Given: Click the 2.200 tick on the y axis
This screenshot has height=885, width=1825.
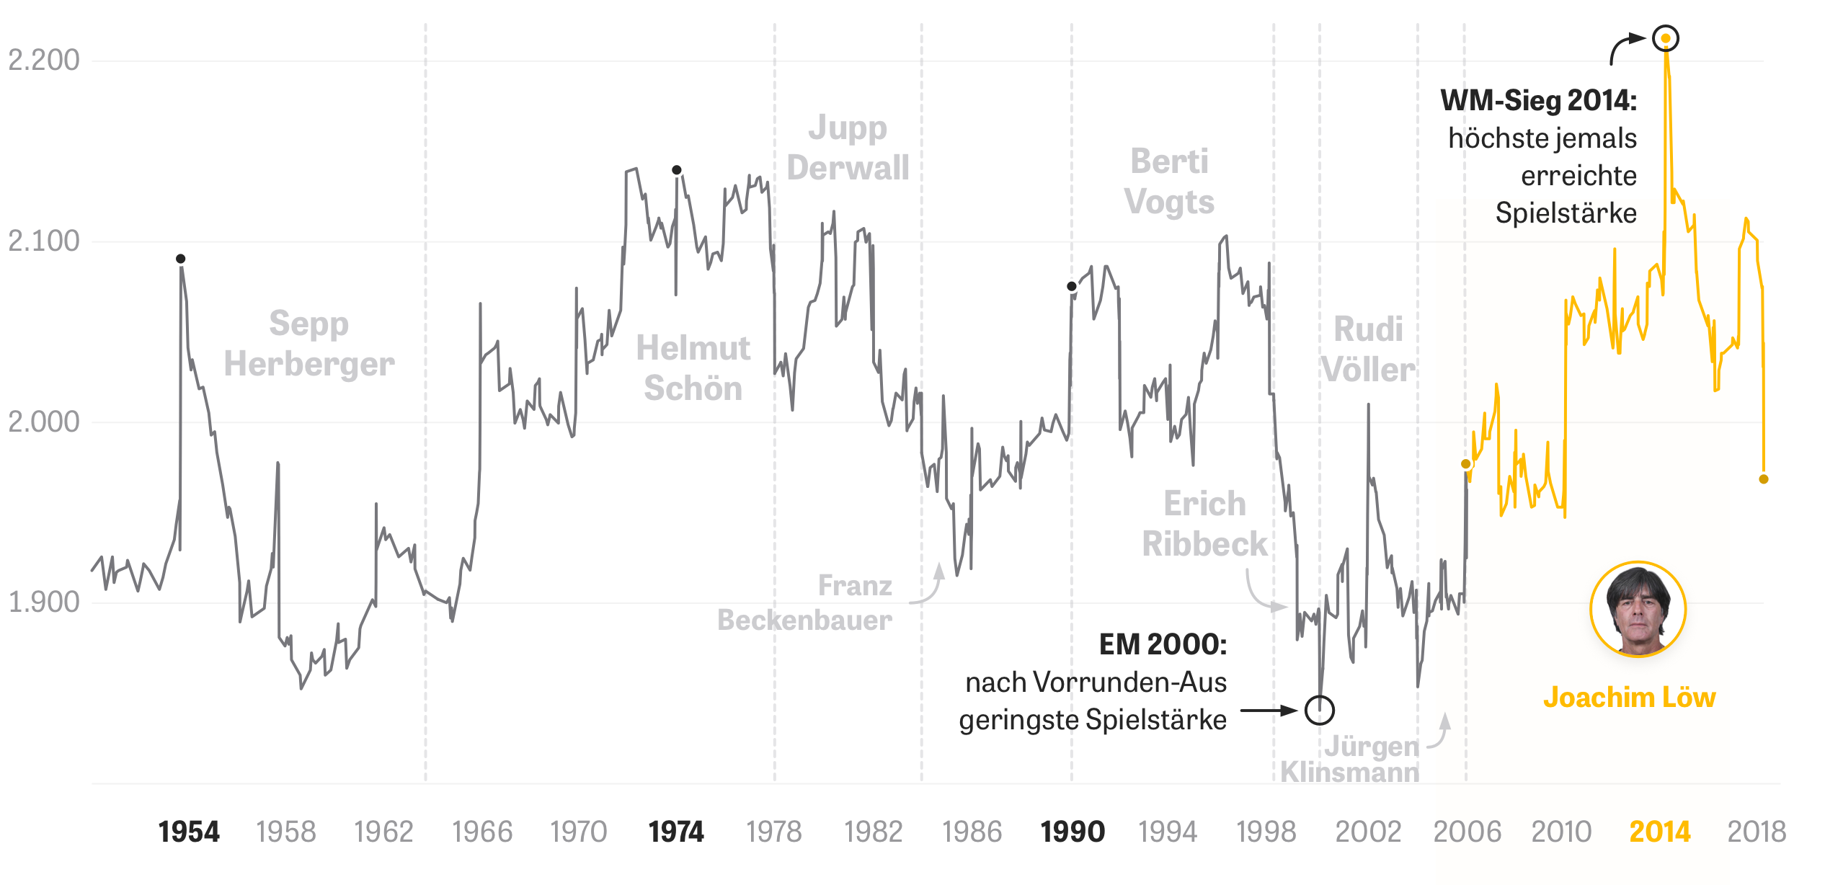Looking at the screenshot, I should click(x=44, y=60).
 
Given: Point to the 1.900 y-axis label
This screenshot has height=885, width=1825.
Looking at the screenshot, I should click(x=44, y=602).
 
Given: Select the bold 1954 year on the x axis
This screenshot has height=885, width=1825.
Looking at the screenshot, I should click(x=189, y=832).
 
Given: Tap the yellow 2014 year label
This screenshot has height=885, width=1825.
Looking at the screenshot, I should click(x=1659, y=832).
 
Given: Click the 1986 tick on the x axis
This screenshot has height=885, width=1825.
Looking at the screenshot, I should click(x=972, y=832).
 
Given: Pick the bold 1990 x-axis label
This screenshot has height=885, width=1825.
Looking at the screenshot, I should click(x=1072, y=832).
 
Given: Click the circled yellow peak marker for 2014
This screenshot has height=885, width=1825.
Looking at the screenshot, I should click(x=1665, y=38).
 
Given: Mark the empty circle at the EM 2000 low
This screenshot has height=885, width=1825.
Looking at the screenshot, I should click(x=1319, y=710).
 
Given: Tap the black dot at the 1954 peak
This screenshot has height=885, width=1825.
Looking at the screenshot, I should click(x=181, y=259).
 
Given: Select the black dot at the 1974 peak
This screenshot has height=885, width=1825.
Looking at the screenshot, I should click(x=676, y=170).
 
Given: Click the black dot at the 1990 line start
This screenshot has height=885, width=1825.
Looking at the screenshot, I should click(x=1072, y=286).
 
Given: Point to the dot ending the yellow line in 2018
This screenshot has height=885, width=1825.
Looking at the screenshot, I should click(x=1763, y=479).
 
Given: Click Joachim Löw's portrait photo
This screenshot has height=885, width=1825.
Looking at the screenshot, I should click(x=1638, y=610).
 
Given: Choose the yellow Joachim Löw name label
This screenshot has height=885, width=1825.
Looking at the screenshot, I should click(x=1629, y=698).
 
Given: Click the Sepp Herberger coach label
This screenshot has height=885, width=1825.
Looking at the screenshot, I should click(x=309, y=344).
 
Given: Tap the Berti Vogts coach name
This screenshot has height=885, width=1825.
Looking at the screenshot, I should click(x=1169, y=182).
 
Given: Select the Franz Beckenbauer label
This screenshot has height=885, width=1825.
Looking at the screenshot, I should click(x=805, y=602).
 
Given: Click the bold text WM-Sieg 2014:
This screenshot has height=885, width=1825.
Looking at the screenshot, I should click(x=1538, y=100).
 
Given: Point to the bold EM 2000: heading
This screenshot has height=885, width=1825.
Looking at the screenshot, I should click(x=1163, y=644).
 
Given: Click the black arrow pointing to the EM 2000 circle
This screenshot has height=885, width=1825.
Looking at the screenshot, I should click(x=1269, y=711).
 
